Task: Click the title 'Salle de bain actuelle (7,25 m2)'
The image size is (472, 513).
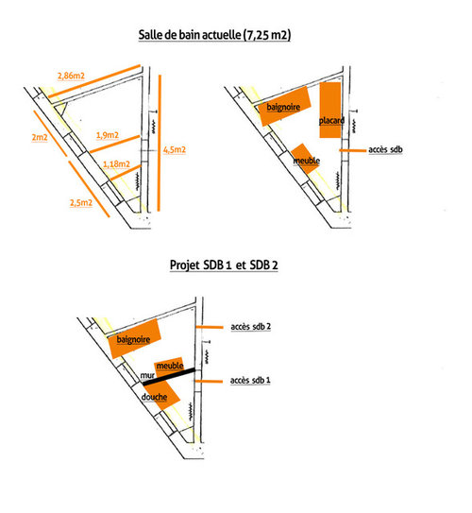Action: pos(214,35)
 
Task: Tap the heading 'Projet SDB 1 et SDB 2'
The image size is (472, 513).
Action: pos(224,265)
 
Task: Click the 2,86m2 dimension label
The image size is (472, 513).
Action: pos(71,76)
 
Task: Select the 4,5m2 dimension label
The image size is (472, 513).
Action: pos(175,150)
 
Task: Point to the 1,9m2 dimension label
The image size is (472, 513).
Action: pos(108,135)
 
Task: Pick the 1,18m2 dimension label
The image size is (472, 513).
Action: pos(116,163)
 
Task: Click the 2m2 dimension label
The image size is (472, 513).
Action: pos(40,137)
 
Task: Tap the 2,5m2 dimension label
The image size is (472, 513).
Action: pos(81,202)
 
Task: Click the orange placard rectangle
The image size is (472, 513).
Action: pos(330,110)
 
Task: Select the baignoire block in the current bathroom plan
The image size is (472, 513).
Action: pos(284,106)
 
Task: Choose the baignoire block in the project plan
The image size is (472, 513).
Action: pos(134,338)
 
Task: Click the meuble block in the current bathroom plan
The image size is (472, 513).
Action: pos(305,159)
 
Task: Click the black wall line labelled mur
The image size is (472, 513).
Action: pos(169,377)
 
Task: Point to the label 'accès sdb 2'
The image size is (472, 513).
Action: pos(251,327)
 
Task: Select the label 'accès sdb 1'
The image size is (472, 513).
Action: pos(250,380)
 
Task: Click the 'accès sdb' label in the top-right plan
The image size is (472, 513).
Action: pos(385,149)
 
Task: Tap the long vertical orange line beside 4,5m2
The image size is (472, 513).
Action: pos(160,143)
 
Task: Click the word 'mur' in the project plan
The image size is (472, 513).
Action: pos(147,375)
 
